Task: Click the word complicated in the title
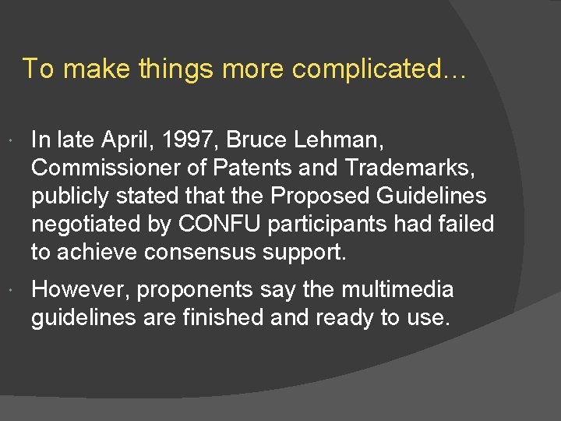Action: click(379, 69)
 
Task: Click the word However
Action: click(79, 290)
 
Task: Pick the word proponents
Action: click(196, 290)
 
